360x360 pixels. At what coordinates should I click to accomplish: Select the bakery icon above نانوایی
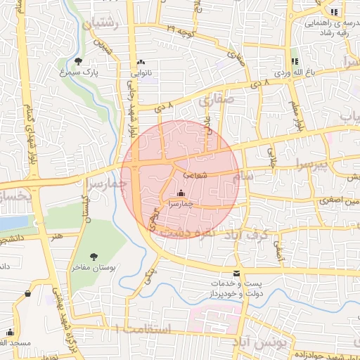click(x=141, y=61)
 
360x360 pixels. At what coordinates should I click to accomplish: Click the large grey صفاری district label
click(x=214, y=101)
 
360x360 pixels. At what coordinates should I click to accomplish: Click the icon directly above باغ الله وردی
click(x=295, y=61)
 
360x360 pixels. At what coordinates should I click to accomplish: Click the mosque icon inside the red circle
click(x=181, y=193)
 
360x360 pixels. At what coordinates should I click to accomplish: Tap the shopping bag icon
click(x=27, y=293)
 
